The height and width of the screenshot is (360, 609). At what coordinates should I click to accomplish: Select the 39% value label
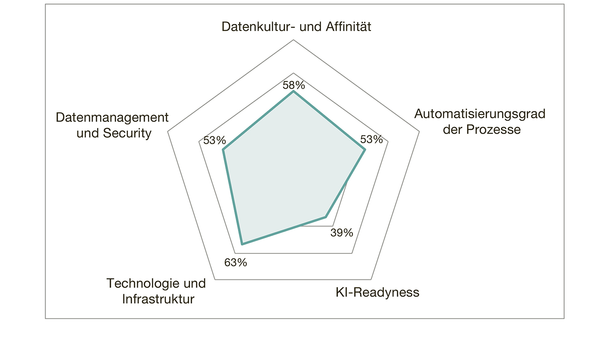(x=341, y=233)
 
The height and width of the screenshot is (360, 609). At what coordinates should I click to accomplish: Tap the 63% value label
(x=235, y=262)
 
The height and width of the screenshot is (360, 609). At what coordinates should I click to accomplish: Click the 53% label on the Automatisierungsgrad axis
(x=371, y=140)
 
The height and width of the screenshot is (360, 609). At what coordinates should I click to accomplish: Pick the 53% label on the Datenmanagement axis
(x=214, y=141)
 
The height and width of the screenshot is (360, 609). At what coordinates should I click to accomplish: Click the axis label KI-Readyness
(x=377, y=292)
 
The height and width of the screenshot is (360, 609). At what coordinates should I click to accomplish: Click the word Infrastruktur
(x=158, y=299)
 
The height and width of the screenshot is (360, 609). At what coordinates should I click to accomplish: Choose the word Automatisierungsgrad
(x=479, y=114)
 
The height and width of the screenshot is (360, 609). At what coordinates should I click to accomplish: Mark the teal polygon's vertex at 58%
(x=294, y=91)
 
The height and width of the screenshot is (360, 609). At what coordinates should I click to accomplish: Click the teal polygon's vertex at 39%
(x=325, y=216)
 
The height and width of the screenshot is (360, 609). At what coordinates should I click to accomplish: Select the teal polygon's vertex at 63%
(x=242, y=244)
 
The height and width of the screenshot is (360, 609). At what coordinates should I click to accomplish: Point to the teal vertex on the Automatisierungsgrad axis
(x=365, y=150)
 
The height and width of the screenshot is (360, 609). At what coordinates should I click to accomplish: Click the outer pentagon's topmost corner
(x=294, y=40)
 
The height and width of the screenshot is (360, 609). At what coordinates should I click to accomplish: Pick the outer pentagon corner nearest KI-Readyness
(x=371, y=279)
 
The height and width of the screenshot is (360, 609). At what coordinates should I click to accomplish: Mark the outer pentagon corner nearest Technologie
(x=215, y=279)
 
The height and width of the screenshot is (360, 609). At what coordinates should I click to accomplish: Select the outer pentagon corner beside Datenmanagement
(x=167, y=131)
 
